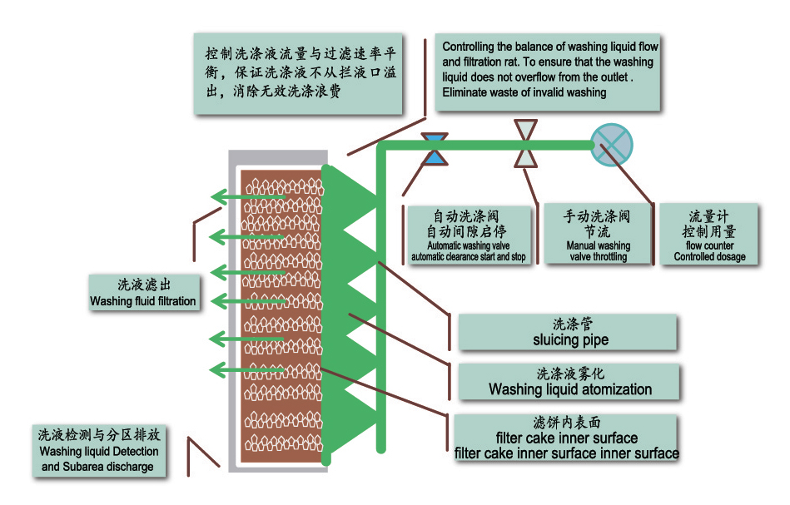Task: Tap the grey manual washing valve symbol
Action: click(526, 146)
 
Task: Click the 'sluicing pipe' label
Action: click(569, 332)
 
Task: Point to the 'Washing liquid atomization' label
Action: click(569, 382)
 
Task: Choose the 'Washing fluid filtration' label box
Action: click(144, 293)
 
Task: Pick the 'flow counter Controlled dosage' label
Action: click(709, 235)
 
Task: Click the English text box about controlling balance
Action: click(549, 71)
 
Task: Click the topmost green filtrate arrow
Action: click(246, 196)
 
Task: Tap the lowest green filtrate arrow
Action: click(246, 370)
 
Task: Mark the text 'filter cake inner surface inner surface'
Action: click(566, 453)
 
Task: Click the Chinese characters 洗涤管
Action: click(570, 324)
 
